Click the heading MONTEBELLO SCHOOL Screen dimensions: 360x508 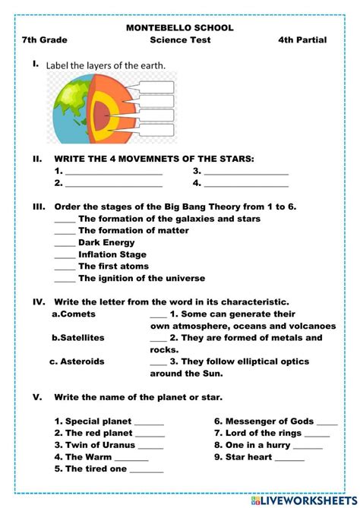180,28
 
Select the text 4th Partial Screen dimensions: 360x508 302,40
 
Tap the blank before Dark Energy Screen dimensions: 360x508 65,243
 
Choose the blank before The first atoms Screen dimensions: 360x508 65,267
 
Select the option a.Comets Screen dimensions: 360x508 74,314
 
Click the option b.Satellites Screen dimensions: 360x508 77,337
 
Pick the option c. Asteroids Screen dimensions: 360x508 77,361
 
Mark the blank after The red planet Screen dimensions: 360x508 150,434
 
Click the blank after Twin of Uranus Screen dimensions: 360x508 152,446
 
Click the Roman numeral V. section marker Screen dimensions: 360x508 36,396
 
